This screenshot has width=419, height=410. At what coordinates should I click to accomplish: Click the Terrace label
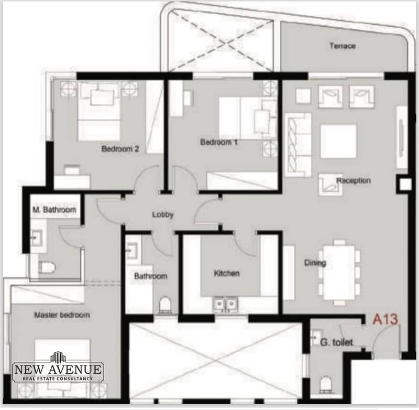click(343, 46)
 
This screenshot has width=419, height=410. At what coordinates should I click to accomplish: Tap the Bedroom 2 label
click(120, 149)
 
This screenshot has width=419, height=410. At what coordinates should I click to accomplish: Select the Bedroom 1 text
click(219, 142)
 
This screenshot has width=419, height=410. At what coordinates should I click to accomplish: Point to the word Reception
click(353, 180)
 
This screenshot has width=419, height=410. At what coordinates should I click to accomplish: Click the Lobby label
click(163, 214)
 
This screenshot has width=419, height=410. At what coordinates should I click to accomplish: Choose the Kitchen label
click(227, 273)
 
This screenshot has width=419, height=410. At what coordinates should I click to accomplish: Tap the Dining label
click(315, 263)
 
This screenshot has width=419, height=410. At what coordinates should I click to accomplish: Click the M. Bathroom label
click(54, 209)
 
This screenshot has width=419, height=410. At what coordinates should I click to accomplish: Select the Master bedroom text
click(62, 315)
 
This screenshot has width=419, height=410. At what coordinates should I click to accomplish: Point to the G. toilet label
click(336, 342)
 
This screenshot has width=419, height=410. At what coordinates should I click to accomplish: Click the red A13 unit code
click(385, 319)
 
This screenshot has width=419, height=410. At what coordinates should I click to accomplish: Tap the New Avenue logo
click(58, 366)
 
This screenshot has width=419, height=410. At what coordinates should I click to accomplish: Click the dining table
click(339, 273)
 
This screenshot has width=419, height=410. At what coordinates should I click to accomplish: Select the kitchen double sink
click(225, 305)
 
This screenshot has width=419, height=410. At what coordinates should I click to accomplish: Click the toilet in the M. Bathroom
click(47, 267)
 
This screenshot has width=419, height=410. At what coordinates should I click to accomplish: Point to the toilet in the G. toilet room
click(325, 384)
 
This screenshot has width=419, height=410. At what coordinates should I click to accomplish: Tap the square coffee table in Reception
click(338, 141)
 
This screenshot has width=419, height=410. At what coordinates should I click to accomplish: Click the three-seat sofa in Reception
click(298, 145)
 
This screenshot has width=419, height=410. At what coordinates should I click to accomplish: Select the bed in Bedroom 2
click(98, 112)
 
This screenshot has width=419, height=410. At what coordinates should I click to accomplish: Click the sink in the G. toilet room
click(317, 337)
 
